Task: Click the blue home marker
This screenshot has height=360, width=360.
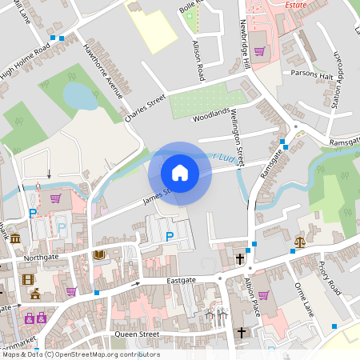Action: (180, 172)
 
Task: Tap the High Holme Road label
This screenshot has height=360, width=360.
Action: (25, 61)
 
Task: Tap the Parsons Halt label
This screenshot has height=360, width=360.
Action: (312, 74)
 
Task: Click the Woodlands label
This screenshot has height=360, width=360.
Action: (211, 114)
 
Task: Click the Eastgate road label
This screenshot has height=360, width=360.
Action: (181, 281)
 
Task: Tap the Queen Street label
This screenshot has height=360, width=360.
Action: (137, 334)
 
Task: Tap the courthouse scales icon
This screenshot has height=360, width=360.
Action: (300, 241)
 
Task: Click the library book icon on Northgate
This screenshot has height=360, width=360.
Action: (100, 255)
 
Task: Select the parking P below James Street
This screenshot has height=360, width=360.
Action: (169, 236)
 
